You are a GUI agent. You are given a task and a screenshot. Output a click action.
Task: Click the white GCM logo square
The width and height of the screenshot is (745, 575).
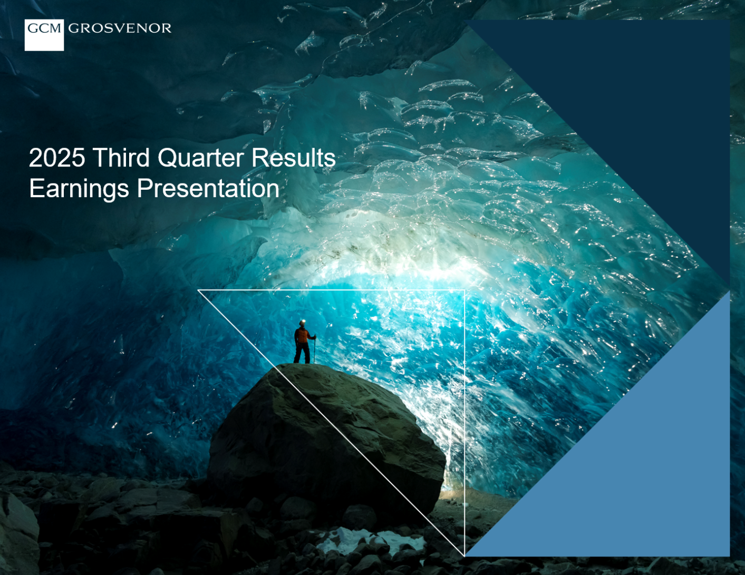click(44, 35)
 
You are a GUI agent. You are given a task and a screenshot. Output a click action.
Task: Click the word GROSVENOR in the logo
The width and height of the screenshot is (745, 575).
click(120, 28)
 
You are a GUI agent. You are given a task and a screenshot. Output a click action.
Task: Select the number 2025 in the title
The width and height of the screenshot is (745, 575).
click(57, 158)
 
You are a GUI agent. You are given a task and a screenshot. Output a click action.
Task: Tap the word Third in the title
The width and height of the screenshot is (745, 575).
click(121, 158)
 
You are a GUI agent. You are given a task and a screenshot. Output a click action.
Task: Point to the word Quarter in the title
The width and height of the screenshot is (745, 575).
click(200, 158)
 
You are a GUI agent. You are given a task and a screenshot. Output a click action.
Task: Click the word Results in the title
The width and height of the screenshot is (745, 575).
click(294, 158)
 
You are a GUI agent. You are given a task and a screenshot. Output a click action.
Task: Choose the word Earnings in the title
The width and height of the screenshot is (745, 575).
click(79, 189)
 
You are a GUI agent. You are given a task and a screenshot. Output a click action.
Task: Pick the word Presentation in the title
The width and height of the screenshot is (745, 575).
click(208, 188)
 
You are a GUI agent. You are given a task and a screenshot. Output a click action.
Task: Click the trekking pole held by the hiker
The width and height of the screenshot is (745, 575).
click(314, 349)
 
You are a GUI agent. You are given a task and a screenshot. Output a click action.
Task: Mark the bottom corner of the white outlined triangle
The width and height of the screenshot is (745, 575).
click(465, 555)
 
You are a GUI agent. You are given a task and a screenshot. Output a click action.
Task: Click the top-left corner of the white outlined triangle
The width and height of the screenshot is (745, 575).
click(198, 290)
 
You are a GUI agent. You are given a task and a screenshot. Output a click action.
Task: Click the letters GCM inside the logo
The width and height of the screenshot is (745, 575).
click(44, 28)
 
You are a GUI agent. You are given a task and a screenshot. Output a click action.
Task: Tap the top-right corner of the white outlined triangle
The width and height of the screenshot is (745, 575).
click(465, 290)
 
